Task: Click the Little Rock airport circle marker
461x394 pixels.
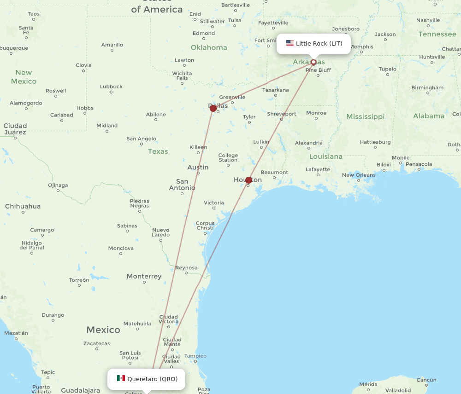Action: click(313, 62)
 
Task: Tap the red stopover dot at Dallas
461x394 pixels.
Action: click(213, 108)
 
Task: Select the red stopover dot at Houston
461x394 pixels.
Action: click(249, 180)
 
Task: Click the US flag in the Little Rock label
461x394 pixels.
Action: click(290, 43)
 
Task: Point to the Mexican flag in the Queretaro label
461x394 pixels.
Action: click(121, 378)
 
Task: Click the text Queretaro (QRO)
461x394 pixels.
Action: click(152, 379)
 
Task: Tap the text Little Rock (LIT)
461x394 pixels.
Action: click(319, 44)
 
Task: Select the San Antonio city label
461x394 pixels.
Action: click(182, 185)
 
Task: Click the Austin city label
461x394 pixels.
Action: click(198, 168)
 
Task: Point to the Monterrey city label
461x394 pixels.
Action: click(144, 277)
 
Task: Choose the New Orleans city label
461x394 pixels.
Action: click(359, 175)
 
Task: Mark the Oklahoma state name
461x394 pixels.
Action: click(209, 47)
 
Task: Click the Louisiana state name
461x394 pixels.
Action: click(326, 156)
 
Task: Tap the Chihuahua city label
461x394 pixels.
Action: click(23, 206)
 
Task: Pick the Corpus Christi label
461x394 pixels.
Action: click(205, 226)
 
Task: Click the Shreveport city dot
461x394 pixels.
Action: click(282, 119)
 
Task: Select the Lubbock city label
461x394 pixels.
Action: click(111, 87)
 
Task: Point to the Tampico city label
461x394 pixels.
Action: click(195, 356)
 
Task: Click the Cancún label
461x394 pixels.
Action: click(426, 380)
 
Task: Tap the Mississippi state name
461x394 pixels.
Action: click(365, 116)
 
